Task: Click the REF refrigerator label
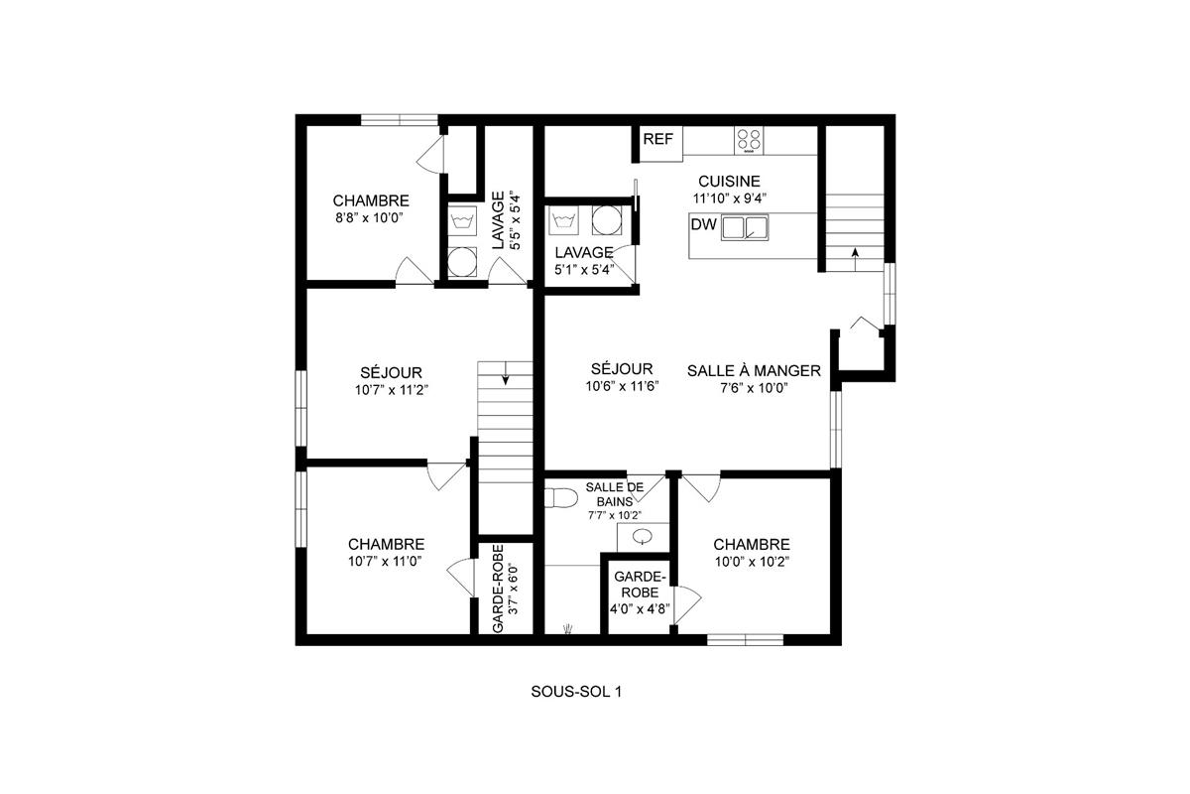[657, 139]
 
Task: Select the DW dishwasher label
[703, 226]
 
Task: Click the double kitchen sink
[746, 228]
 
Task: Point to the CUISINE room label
[729, 182]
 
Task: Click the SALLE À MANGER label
[754, 371]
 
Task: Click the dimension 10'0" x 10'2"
[751, 561]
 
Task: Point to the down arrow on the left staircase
[506, 375]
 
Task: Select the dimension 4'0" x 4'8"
[639, 609]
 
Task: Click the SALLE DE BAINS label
[614, 493]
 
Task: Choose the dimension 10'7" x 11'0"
[386, 561]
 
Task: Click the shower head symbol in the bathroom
[568, 627]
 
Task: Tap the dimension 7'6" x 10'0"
[754, 388]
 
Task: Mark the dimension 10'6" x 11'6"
[618, 388]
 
